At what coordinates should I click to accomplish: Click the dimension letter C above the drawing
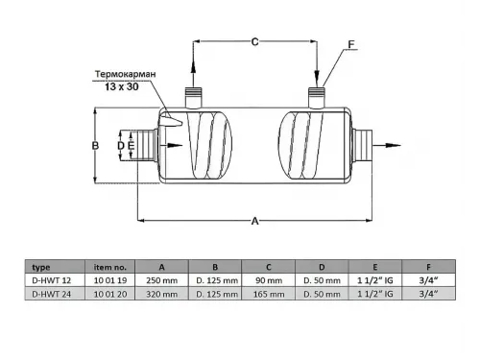tap(254, 42)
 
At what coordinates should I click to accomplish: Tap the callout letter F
tap(351, 44)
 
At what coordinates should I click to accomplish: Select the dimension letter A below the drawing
tap(254, 221)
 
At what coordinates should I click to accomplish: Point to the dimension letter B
tap(95, 146)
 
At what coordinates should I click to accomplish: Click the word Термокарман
tap(126, 74)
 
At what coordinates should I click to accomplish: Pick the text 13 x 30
tap(122, 86)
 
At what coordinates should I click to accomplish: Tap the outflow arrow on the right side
tap(387, 145)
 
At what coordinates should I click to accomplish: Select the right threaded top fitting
tap(317, 98)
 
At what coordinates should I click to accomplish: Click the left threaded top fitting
tap(193, 98)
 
